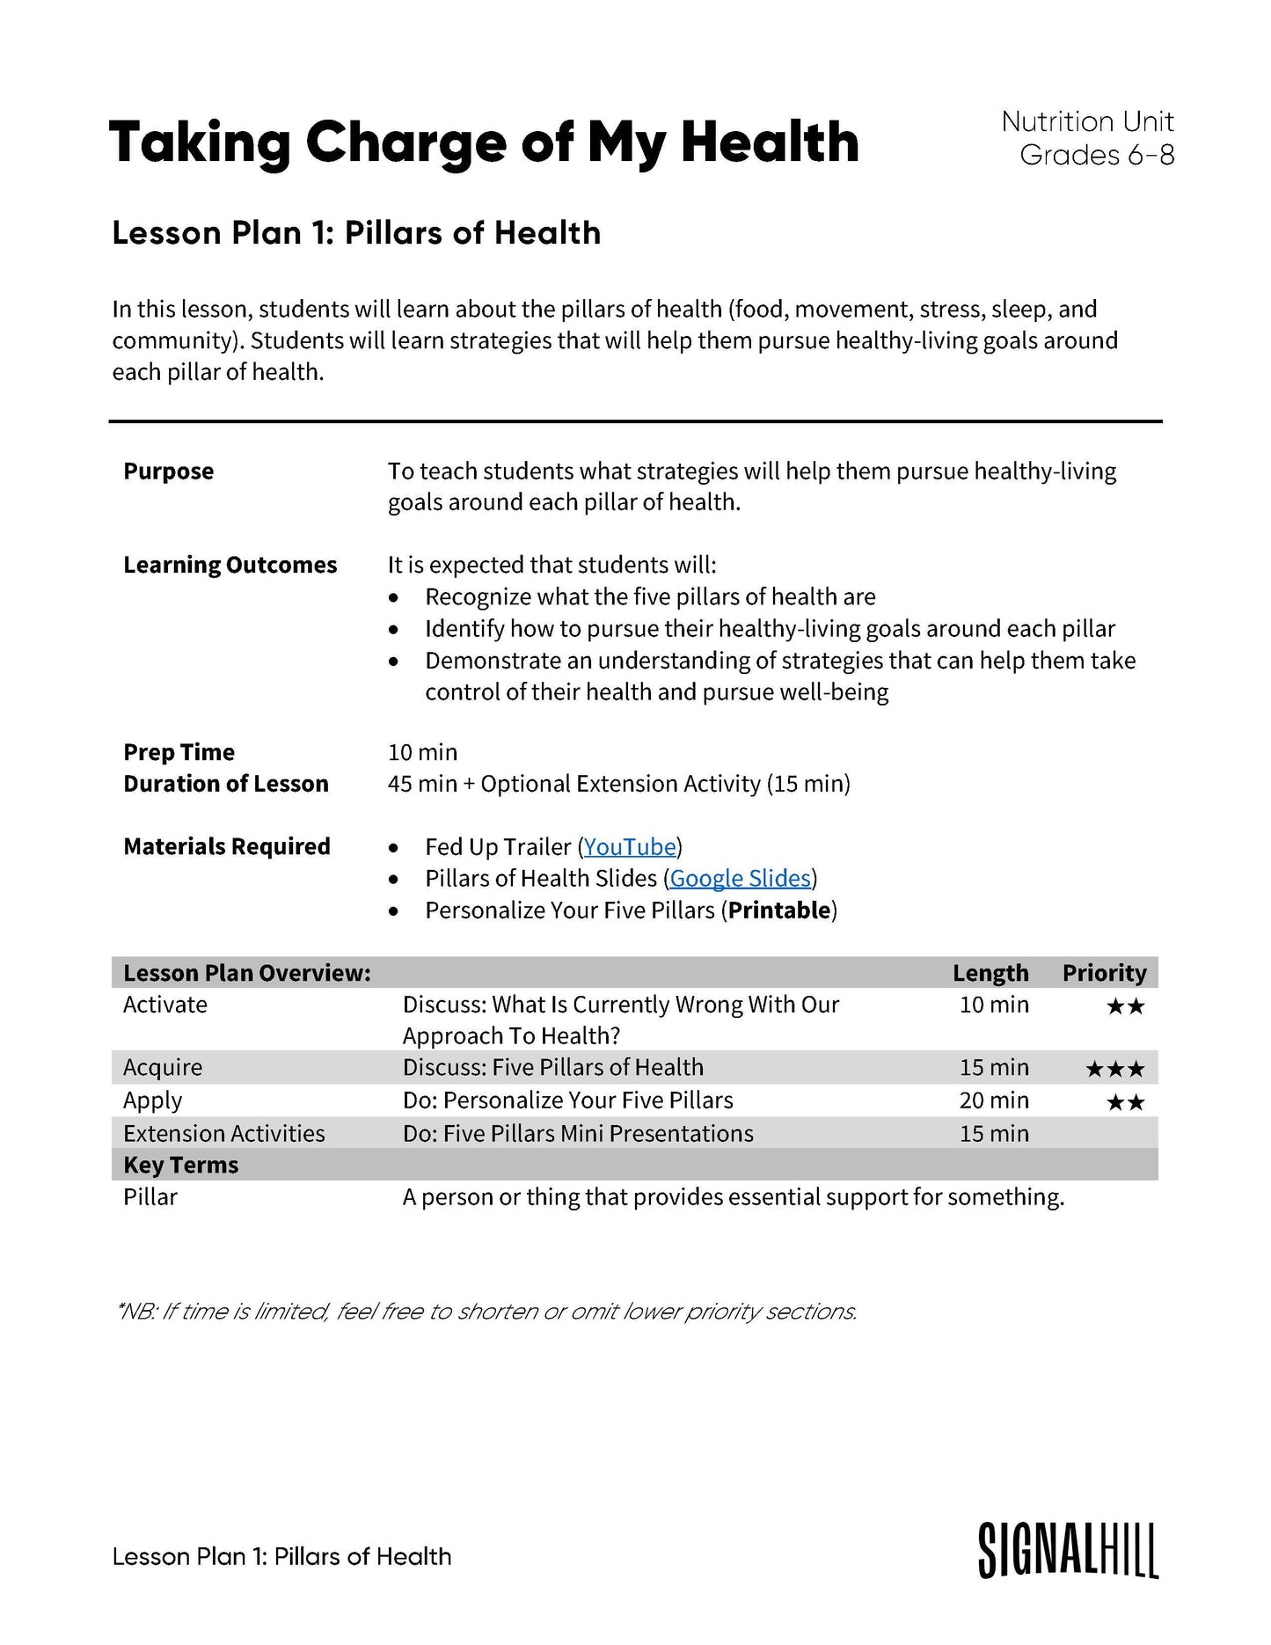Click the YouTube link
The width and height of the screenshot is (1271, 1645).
pyautogui.click(x=630, y=846)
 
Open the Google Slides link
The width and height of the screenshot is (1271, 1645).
pyautogui.click(x=740, y=878)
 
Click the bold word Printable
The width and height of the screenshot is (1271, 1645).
pyautogui.click(x=779, y=910)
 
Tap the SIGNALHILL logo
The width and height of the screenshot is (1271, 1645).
pyautogui.click(x=1068, y=1551)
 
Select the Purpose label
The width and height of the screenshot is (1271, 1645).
pyautogui.click(x=168, y=471)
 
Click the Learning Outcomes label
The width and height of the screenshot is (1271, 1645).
pyautogui.click(x=230, y=565)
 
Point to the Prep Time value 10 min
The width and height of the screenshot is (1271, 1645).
pyautogui.click(x=422, y=752)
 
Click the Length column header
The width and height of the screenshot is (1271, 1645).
pyautogui.click(x=990, y=973)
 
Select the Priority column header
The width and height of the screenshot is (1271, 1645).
pyautogui.click(x=1104, y=973)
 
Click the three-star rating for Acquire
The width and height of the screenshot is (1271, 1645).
pyautogui.click(x=1114, y=1069)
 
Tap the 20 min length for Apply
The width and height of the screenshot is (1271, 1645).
pyautogui.click(x=994, y=1100)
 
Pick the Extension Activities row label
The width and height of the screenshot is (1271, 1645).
pyautogui.click(x=223, y=1133)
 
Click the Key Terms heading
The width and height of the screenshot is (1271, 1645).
pyautogui.click(x=180, y=1165)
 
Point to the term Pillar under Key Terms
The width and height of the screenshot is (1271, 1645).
pyautogui.click(x=150, y=1196)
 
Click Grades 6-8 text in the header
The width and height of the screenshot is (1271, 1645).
pyautogui.click(x=1096, y=155)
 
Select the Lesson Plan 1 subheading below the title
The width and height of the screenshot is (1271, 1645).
pyautogui.click(x=356, y=232)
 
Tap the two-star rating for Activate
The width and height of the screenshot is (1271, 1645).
pyautogui.click(x=1125, y=1005)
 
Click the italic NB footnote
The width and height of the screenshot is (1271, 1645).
pyautogui.click(x=486, y=1311)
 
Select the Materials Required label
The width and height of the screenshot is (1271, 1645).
pyautogui.click(x=226, y=846)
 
